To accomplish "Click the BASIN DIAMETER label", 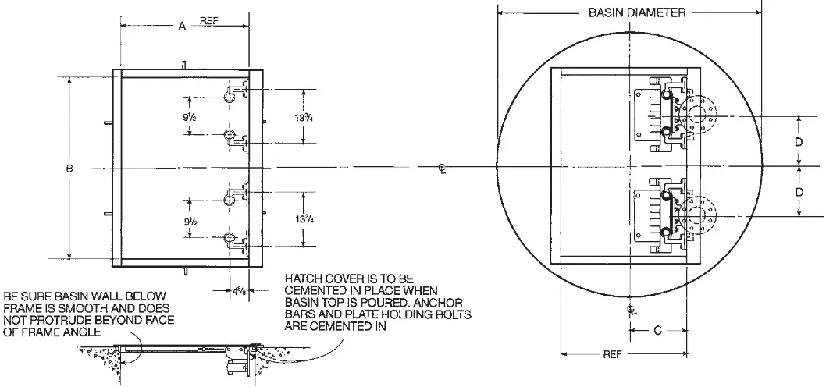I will click(x=636, y=12).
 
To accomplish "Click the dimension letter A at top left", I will click(x=182, y=27).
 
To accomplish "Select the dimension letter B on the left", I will click(x=69, y=169).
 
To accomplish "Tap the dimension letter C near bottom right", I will click(x=657, y=331).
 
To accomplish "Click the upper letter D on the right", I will click(x=798, y=142).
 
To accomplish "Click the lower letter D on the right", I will click(x=798, y=191).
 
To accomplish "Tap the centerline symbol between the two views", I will click(x=443, y=168).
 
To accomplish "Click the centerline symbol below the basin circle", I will click(x=631, y=310).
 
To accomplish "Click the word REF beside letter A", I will click(x=208, y=23).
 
